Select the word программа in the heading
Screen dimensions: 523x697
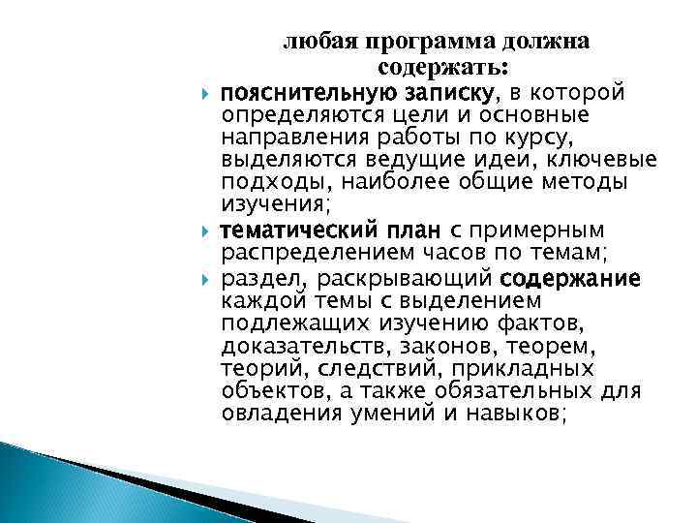pos(404,43)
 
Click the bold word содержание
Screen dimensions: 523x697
pos(570,279)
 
